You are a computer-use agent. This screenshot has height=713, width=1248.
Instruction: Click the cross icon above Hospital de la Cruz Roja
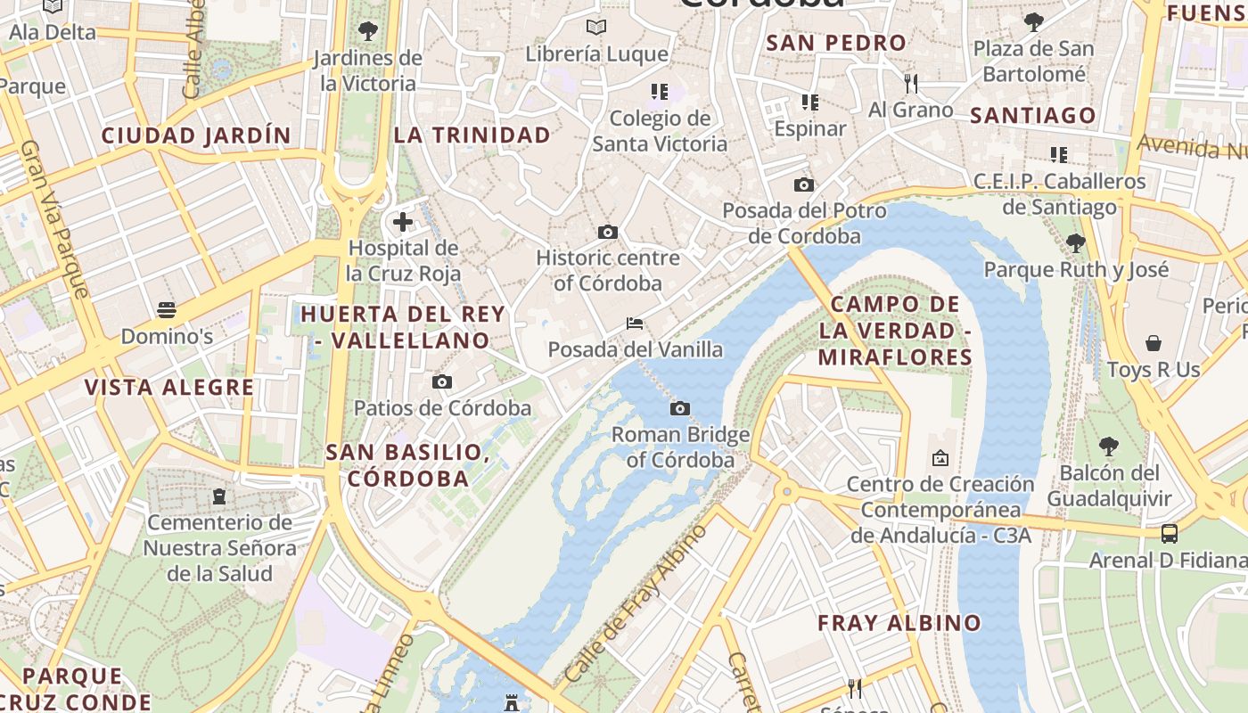tap(403, 221)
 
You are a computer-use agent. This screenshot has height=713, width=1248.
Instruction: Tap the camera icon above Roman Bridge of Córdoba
tap(680, 408)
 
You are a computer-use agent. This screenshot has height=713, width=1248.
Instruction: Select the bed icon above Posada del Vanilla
tap(635, 323)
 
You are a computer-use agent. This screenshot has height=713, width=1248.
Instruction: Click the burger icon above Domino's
tap(167, 310)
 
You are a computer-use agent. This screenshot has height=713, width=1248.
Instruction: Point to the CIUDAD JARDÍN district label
tap(196, 135)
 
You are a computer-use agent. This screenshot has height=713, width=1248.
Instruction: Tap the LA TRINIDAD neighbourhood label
tap(472, 135)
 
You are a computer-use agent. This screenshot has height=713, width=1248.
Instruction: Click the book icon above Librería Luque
tap(596, 28)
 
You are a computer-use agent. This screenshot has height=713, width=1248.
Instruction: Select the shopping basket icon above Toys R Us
tap(1154, 343)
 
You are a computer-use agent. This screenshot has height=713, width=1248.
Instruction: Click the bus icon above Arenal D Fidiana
tap(1169, 534)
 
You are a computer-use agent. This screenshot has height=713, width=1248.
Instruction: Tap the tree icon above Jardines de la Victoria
tap(367, 31)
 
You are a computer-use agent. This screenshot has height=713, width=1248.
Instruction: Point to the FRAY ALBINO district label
tap(899, 623)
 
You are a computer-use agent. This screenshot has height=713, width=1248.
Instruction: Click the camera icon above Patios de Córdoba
tap(441, 381)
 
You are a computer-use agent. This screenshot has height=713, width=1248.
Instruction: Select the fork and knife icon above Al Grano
tap(910, 84)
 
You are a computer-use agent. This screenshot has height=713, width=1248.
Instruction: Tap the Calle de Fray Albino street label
tap(636, 603)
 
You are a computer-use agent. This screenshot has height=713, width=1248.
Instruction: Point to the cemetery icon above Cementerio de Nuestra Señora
tap(219, 496)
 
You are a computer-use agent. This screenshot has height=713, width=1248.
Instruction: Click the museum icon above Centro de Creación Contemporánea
tap(940, 458)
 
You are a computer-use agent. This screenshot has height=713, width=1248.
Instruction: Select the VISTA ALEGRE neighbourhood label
tap(169, 388)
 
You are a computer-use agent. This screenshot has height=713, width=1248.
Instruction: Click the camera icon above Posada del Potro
tap(803, 184)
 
